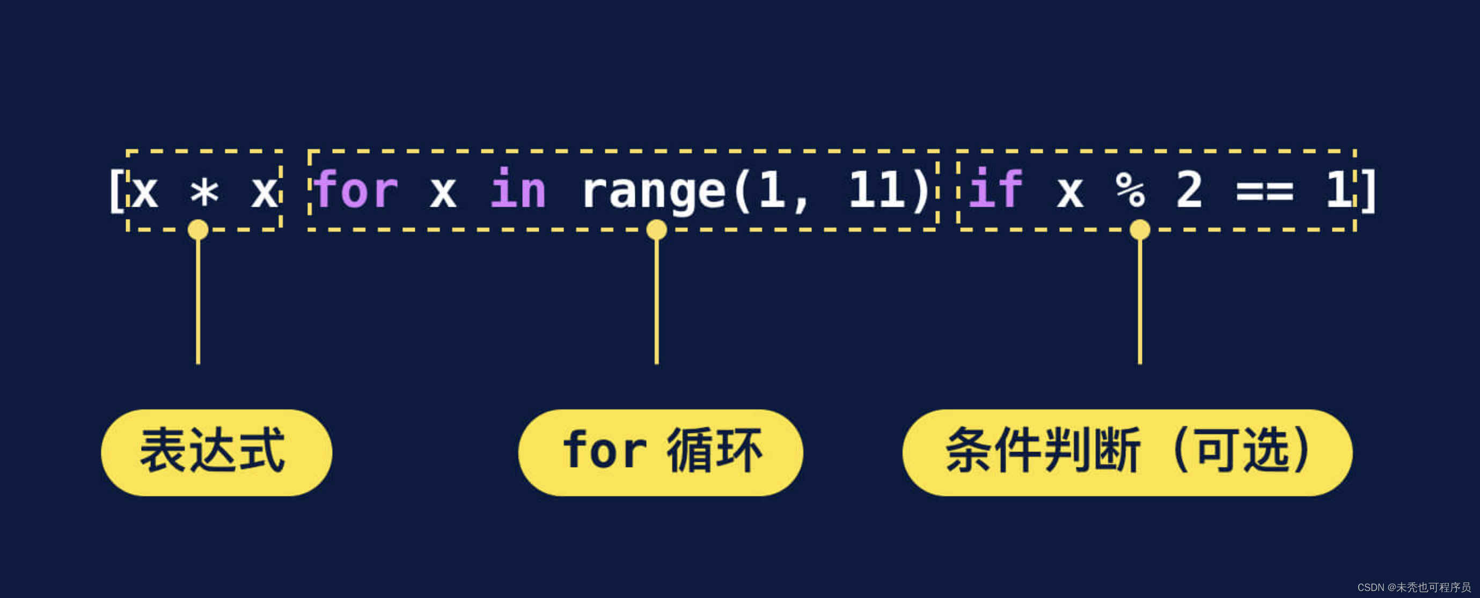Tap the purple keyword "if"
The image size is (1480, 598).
click(x=995, y=189)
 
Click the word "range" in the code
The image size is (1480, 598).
click(x=654, y=192)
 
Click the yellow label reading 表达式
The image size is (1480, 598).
click(x=216, y=453)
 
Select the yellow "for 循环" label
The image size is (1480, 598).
click(x=661, y=453)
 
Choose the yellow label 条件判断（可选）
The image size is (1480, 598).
click(x=1127, y=453)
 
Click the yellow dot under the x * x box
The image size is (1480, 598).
click(x=198, y=230)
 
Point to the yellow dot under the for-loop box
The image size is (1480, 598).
click(x=657, y=230)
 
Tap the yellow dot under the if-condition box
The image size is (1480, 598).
click(x=1140, y=230)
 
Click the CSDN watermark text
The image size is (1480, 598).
click(x=1413, y=587)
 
